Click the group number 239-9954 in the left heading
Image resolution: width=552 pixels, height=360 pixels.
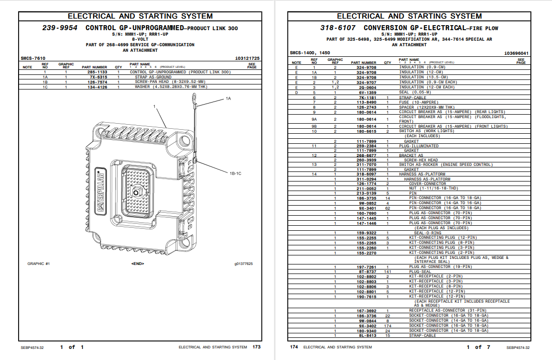59,28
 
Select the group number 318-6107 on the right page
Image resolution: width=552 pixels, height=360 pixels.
338,28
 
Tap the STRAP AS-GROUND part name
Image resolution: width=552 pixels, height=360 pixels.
153,77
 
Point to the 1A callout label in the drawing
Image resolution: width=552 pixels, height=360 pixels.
228,99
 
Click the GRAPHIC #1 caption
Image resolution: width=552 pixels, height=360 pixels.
39,263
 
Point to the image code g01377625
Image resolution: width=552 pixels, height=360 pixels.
243,263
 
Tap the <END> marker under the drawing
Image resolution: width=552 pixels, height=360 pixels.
137,263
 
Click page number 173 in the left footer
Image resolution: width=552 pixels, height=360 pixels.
256,347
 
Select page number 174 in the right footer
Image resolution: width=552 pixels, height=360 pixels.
294,347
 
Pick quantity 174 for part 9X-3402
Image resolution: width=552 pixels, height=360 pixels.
388,326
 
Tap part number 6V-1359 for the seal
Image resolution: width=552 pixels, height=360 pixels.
367,93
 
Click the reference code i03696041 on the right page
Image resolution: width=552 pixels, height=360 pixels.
516,53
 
